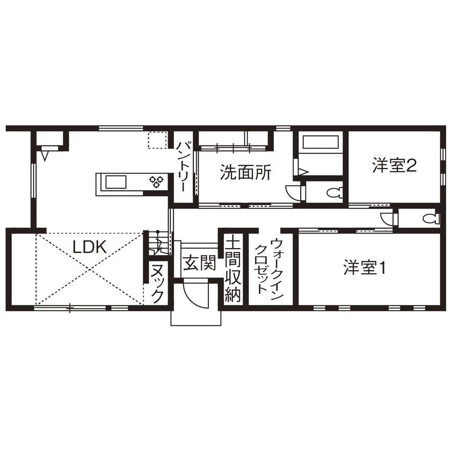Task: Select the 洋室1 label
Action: click(365, 267)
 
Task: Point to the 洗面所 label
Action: click(245, 172)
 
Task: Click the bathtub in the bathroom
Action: click(320, 143)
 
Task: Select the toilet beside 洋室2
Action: click(336, 192)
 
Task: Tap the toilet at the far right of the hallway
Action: click(427, 219)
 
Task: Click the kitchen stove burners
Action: click(157, 182)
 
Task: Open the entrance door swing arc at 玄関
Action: click(194, 294)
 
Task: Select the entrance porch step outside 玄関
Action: click(196, 316)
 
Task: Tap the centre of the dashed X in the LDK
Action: click(90, 268)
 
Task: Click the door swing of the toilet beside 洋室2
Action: click(294, 192)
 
